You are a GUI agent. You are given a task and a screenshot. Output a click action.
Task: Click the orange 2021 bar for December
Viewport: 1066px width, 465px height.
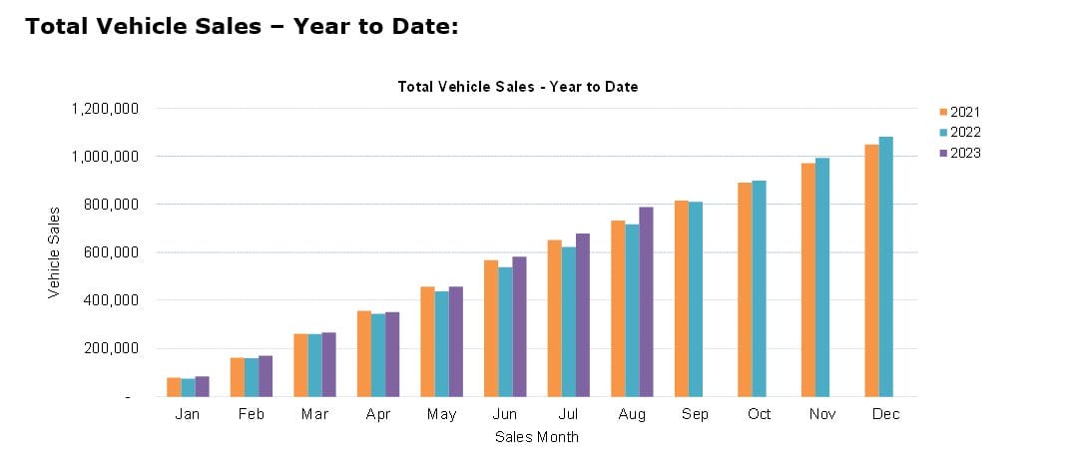pyautogui.click(x=871, y=270)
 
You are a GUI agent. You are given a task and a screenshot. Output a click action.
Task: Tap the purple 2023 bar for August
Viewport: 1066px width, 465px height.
pyautogui.click(x=646, y=301)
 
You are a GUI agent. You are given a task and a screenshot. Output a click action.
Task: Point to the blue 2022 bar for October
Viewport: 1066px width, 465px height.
pyautogui.click(x=759, y=288)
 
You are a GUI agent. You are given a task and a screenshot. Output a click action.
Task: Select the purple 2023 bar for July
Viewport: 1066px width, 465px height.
pyautogui.click(x=582, y=315)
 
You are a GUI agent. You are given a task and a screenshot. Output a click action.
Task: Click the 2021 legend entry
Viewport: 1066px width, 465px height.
pyautogui.click(x=960, y=112)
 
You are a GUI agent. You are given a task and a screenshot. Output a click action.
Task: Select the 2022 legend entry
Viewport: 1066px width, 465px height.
pyautogui.click(x=960, y=133)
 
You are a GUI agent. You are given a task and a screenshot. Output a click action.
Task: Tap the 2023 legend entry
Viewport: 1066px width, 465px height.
pyautogui.click(x=960, y=154)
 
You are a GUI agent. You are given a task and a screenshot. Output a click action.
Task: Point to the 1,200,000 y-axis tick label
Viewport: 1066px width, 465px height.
pyautogui.click(x=104, y=108)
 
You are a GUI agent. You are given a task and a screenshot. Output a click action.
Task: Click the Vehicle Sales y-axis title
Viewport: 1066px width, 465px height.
pyautogui.click(x=55, y=251)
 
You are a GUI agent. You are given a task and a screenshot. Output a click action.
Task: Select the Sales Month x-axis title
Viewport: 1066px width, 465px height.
pyautogui.click(x=537, y=437)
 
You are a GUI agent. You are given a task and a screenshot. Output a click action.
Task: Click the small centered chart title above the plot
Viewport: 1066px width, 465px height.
pyautogui.click(x=518, y=87)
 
